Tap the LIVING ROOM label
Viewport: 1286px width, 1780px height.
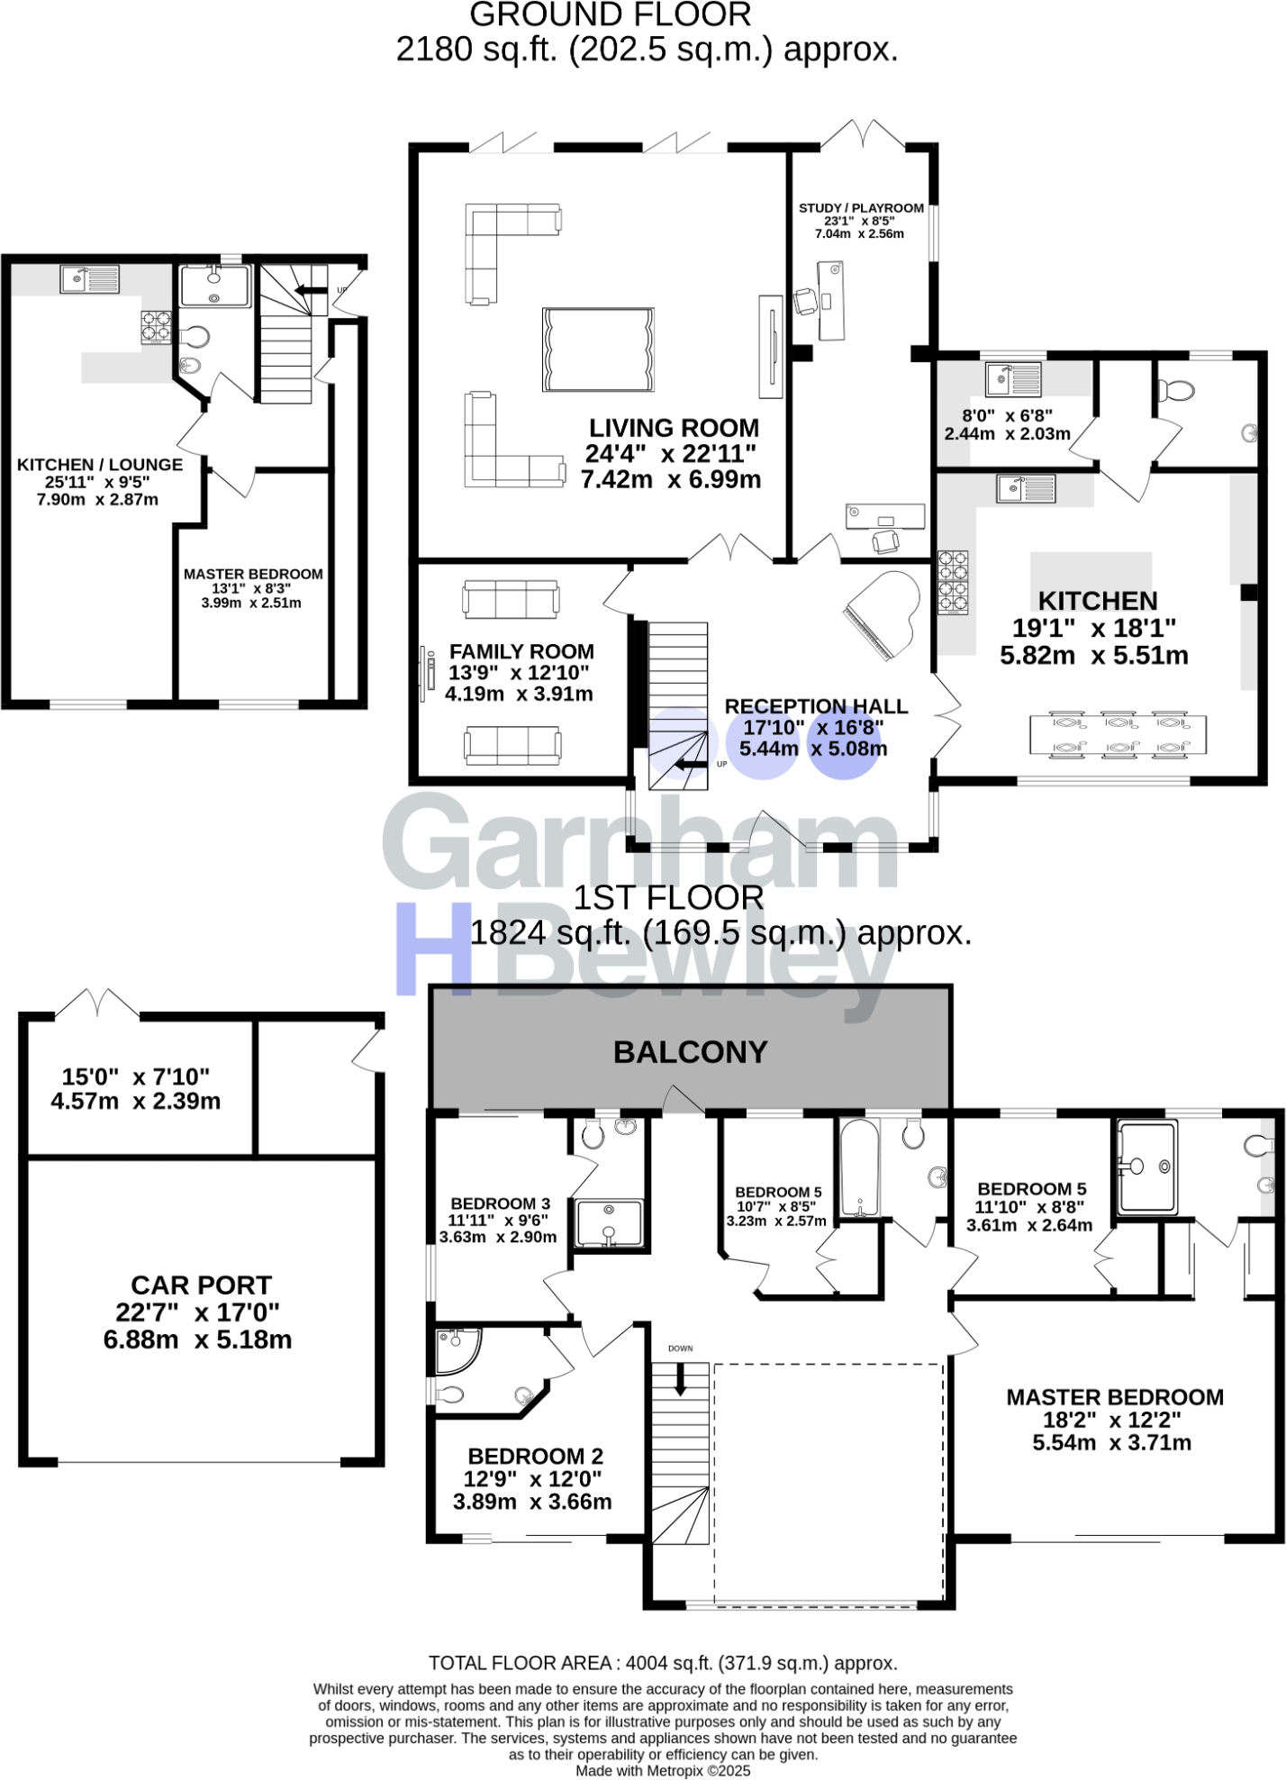[x=674, y=428]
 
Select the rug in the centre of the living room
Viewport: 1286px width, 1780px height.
[x=598, y=350]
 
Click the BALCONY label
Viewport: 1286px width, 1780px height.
[x=690, y=1052]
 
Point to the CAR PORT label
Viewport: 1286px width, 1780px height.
[x=201, y=1285]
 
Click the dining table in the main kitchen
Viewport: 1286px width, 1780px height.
[x=1118, y=734]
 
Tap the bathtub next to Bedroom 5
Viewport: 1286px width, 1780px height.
[x=859, y=1167]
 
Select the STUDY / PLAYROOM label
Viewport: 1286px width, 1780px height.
[x=861, y=208]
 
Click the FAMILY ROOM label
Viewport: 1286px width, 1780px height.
[x=521, y=651]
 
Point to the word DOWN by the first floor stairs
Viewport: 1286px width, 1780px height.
[x=681, y=1349]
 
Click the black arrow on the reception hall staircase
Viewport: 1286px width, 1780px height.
[x=691, y=766]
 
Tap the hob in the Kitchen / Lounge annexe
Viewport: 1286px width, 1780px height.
[x=156, y=327]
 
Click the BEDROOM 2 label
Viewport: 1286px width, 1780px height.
[x=535, y=1456]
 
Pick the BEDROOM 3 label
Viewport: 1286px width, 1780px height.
[x=500, y=1203]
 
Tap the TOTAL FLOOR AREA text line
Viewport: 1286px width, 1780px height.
[x=663, y=1663]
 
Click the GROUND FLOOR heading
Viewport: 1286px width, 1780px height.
[x=610, y=14]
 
